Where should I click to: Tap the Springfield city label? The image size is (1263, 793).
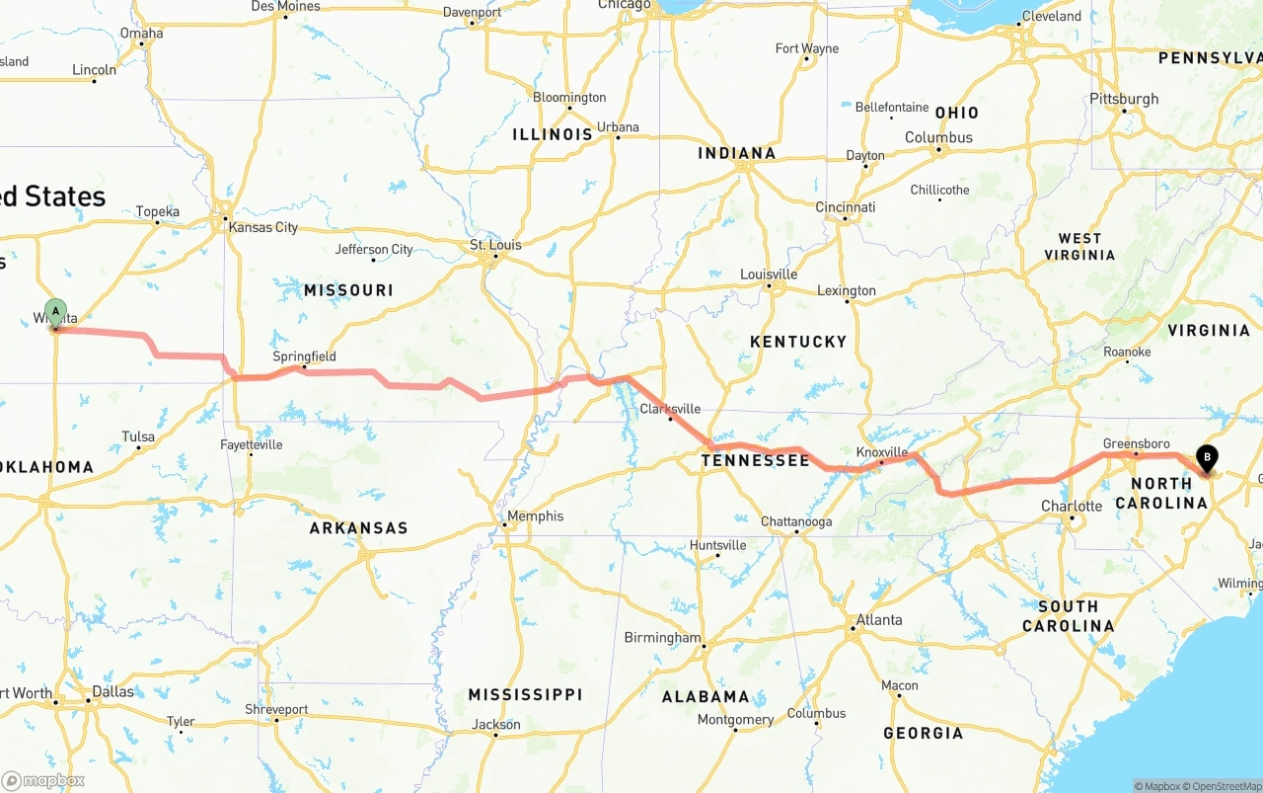(x=304, y=357)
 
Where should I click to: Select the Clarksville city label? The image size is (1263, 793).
(x=670, y=409)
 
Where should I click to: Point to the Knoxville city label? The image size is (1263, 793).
(x=881, y=452)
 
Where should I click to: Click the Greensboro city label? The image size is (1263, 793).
(x=1136, y=444)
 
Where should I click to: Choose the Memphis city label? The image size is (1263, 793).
(x=535, y=515)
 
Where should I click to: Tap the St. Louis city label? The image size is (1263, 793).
(x=495, y=245)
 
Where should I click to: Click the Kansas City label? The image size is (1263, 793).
(x=262, y=227)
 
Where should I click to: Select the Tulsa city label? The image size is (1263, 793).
(x=138, y=436)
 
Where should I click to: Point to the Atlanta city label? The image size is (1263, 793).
(x=878, y=620)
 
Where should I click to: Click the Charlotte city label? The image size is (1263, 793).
(x=1072, y=507)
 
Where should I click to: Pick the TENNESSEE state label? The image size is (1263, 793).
(x=755, y=460)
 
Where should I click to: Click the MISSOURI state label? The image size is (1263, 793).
(x=348, y=290)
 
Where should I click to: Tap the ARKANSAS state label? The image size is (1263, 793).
(x=358, y=528)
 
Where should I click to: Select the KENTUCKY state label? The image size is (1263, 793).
(x=798, y=342)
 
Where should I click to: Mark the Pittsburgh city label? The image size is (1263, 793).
(x=1124, y=99)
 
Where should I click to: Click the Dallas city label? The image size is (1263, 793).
(x=112, y=691)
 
